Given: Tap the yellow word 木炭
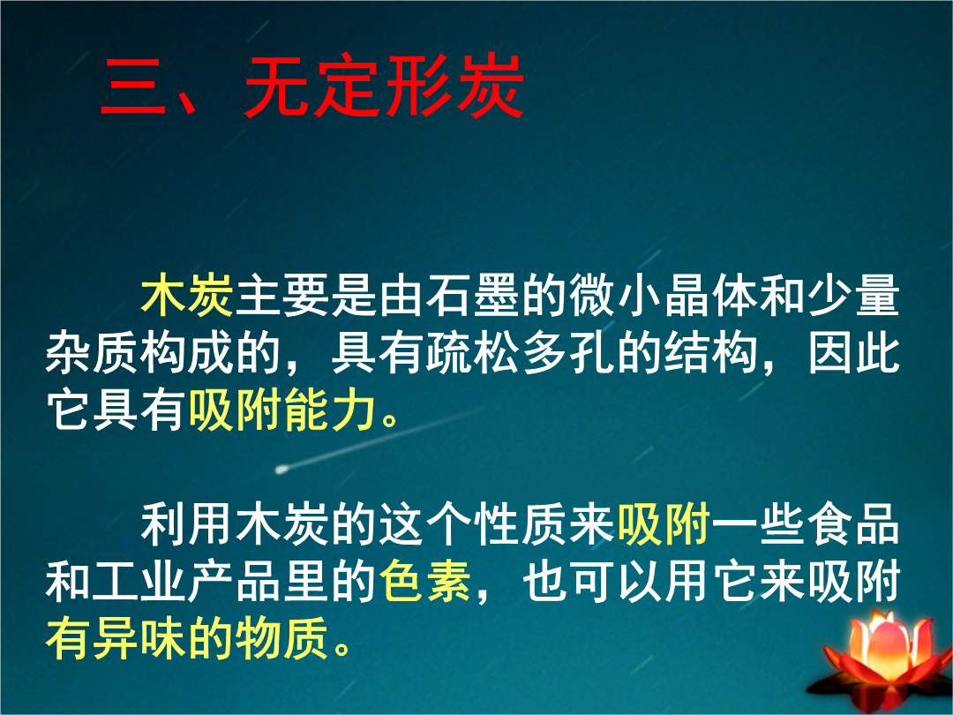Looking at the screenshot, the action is [187, 296].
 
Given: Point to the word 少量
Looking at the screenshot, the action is [854, 296].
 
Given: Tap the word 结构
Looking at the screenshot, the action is [711, 353].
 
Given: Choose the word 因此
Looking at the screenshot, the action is [854, 353].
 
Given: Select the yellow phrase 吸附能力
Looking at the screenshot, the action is [282, 410].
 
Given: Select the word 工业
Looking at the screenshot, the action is [139, 581].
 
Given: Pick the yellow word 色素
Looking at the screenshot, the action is [425, 581].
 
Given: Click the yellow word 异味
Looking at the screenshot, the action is [139, 638].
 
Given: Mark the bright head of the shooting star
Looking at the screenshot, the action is [281, 470].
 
